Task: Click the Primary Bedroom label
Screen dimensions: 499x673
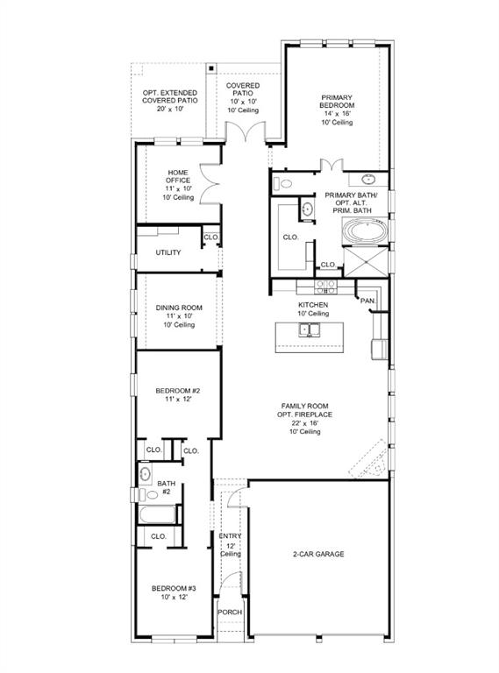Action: (337, 102)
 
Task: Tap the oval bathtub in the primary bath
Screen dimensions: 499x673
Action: (365, 231)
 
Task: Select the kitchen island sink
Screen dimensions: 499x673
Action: (310, 330)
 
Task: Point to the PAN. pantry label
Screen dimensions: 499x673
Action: (367, 301)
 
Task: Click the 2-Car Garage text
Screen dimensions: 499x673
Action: (318, 554)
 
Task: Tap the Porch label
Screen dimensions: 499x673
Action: (230, 612)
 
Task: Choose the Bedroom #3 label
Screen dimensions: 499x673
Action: (174, 589)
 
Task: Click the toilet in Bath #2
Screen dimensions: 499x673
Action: (148, 494)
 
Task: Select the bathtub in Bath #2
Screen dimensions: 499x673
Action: (157, 514)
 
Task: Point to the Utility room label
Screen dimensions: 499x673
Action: (168, 252)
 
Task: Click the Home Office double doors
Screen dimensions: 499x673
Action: (210, 183)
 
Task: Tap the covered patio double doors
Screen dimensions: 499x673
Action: (246, 131)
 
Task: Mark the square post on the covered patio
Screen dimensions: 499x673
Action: (210, 67)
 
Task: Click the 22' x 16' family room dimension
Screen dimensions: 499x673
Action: (305, 423)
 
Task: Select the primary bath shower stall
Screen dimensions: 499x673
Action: (365, 262)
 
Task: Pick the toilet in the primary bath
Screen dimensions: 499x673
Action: (283, 184)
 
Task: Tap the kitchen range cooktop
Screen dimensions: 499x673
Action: (325, 287)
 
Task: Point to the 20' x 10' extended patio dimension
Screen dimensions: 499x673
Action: (170, 109)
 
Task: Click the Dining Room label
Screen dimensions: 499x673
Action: (179, 308)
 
